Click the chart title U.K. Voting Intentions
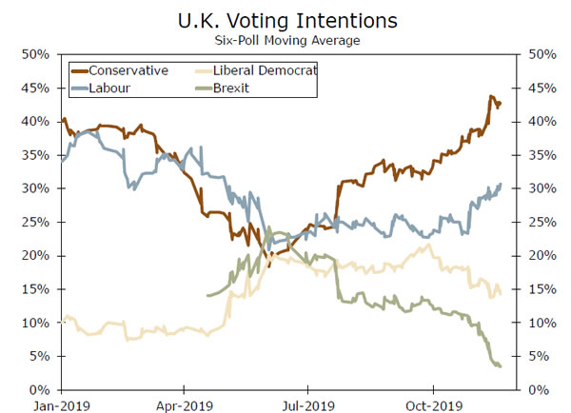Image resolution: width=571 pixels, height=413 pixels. click(285, 19)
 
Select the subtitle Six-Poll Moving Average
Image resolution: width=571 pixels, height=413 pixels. click(285, 40)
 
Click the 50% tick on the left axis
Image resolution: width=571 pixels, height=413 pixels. click(36, 54)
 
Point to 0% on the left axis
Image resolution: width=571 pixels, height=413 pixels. click(40, 390)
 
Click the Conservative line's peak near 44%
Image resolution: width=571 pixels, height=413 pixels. click(491, 97)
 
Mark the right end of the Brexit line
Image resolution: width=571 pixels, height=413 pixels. click(501, 366)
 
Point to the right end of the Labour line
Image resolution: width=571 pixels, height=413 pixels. click(502, 185)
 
